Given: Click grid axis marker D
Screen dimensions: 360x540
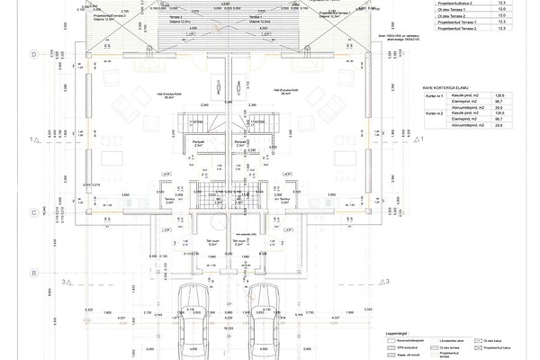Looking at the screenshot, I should click(33, 55).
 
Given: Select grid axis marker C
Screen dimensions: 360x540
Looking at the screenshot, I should click(33, 213).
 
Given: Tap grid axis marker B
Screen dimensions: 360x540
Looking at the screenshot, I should click(33, 273).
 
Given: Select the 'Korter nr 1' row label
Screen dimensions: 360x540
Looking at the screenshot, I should click(435, 94).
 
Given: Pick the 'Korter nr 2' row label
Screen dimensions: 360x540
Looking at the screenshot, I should click(435, 112).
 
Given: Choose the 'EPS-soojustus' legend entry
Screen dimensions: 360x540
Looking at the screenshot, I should click(397, 347).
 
